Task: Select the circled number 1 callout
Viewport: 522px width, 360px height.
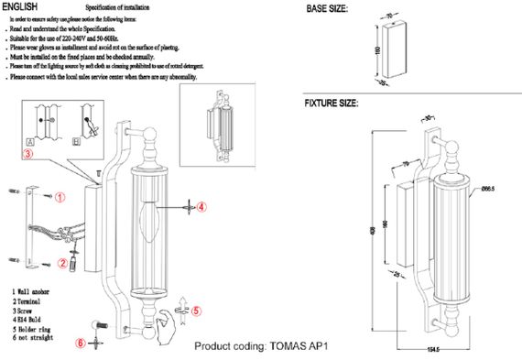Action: [x=60, y=196]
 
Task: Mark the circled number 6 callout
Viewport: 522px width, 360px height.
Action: [x=81, y=344]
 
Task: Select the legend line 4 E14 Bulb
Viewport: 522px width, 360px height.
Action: [x=33, y=316]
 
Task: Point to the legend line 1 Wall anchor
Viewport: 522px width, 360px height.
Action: [x=36, y=290]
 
